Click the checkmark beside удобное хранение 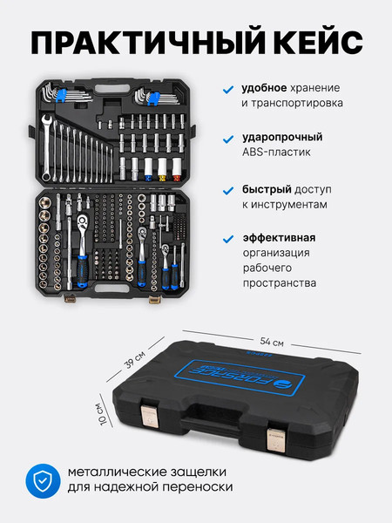pos(228,90)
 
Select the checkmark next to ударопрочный pos(228,139)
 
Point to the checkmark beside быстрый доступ pos(228,191)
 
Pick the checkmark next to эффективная pos(228,239)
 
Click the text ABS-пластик pos(276,152)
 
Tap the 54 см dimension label pos(272,341)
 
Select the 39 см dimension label pos(135,359)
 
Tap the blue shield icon pos(43,480)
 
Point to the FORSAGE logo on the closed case pos(241,377)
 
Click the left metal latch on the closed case pos(149,416)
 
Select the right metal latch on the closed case pos(276,440)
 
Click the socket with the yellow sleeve pos(162,169)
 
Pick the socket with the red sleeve pos(177,169)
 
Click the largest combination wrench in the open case pos(47,147)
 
